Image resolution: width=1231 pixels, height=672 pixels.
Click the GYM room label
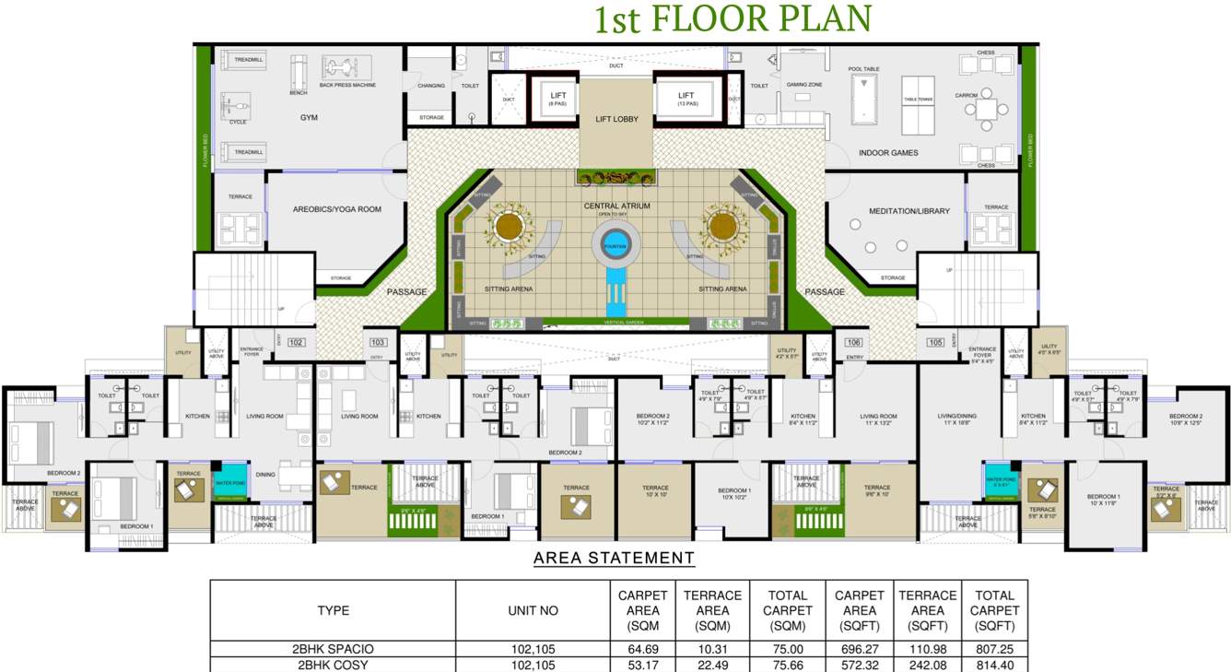(308, 118)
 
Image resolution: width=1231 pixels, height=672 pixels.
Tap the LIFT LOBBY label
(616, 119)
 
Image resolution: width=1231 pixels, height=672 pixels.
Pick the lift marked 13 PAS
(686, 99)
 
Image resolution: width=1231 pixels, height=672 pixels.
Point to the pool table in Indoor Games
(863, 94)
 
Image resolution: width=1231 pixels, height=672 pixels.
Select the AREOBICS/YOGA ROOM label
(336, 209)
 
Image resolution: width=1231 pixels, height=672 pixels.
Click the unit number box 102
(296, 342)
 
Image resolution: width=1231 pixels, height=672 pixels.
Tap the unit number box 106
(854, 342)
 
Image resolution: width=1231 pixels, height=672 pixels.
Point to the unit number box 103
(378, 342)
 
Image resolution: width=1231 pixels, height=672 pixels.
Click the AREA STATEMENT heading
(614, 558)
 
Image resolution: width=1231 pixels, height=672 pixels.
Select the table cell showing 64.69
(642, 649)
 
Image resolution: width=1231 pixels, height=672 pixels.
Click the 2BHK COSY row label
(333, 665)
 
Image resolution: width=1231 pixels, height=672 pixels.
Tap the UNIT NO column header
(533, 610)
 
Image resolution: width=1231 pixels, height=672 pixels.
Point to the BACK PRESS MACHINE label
(347, 85)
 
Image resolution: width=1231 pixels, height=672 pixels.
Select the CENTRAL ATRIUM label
(616, 206)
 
